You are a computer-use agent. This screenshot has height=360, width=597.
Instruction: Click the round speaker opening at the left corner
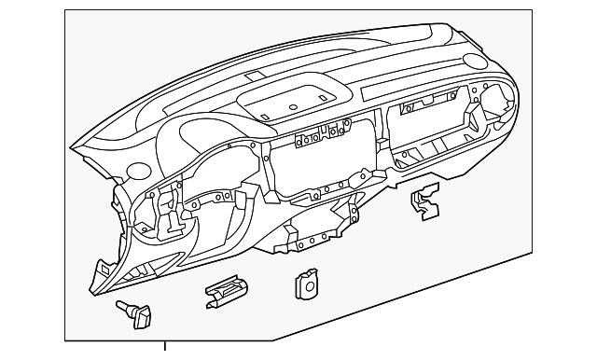click(139, 172)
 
